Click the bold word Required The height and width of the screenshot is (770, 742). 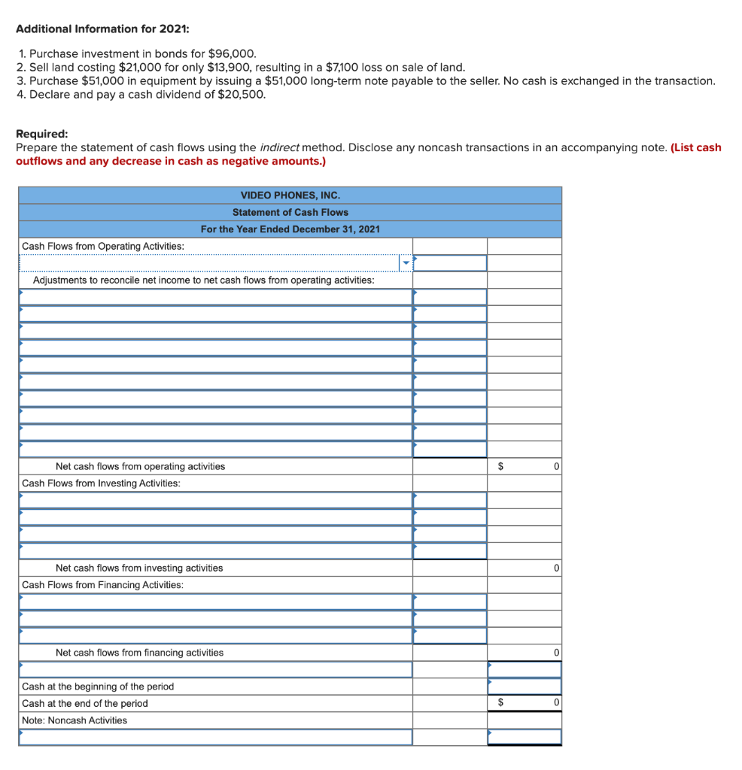pyautogui.click(x=41, y=134)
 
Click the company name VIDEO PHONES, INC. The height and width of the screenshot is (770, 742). pyautogui.click(x=290, y=196)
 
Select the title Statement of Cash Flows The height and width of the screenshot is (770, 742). pyautogui.click(x=290, y=212)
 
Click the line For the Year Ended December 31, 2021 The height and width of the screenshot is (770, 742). pyautogui.click(x=290, y=229)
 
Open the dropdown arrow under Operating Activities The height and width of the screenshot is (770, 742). pyautogui.click(x=406, y=263)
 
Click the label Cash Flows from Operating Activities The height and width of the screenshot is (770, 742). pyautogui.click(x=103, y=246)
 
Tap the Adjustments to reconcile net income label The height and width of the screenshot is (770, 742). pyautogui.click(x=203, y=280)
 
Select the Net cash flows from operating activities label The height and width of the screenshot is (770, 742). pyautogui.click(x=140, y=466)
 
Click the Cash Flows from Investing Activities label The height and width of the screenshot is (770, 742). pyautogui.click(x=101, y=483)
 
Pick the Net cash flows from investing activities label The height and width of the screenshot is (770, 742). pyautogui.click(x=139, y=568)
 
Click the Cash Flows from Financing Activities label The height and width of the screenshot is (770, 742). pyautogui.click(x=102, y=585)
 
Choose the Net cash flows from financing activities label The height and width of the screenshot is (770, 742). pyautogui.click(x=139, y=653)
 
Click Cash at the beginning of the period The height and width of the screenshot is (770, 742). pyautogui.click(x=98, y=687)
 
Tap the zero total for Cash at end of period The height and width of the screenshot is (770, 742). pyautogui.click(x=555, y=703)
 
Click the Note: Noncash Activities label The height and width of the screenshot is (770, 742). pyautogui.click(x=75, y=720)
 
